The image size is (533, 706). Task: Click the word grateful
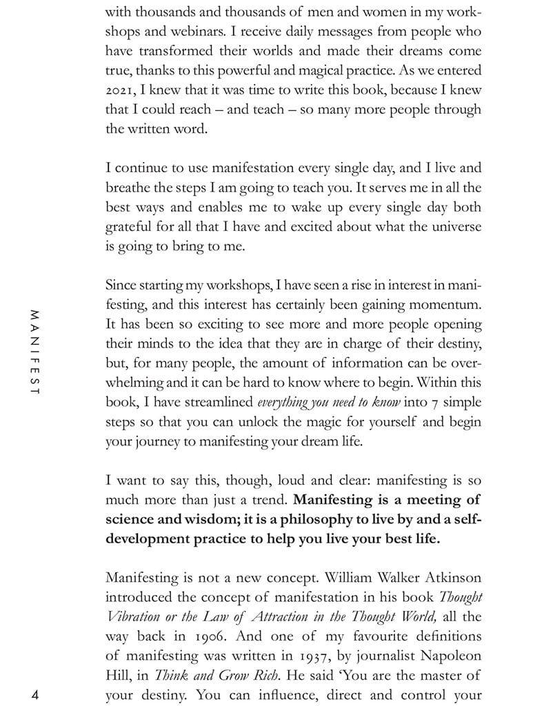(x=129, y=227)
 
